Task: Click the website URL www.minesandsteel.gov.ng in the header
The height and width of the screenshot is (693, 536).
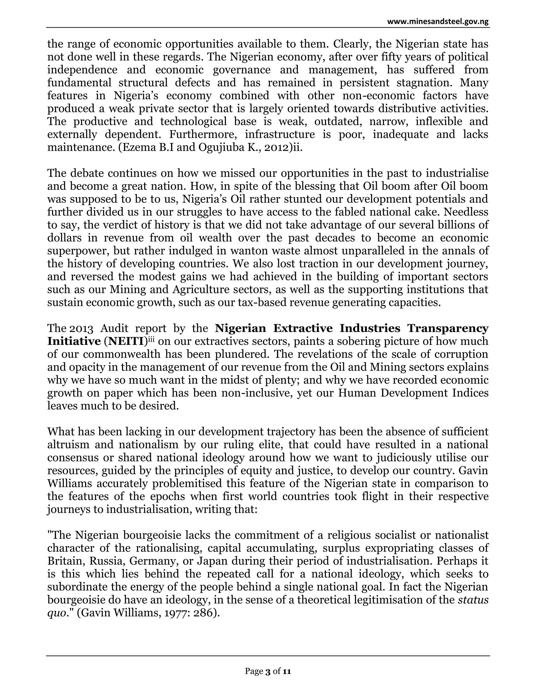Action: pos(438,22)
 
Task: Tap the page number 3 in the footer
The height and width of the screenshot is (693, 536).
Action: pos(268,671)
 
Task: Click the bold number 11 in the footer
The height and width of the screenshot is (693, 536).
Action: pos(287,671)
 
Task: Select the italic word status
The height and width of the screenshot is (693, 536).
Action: pos(473,600)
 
